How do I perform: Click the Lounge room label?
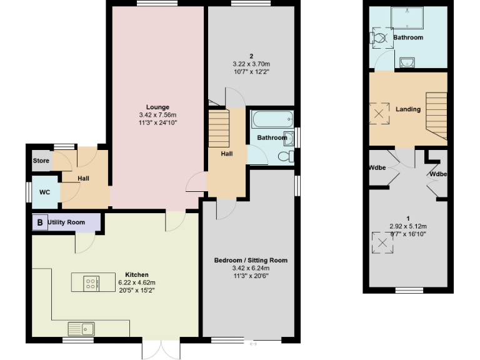coord(158,107)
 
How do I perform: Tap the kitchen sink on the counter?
coord(81,327)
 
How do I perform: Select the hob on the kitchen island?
coord(91,284)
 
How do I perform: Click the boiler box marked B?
coord(40,222)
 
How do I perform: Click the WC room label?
coord(44,192)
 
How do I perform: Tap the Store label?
coord(41,161)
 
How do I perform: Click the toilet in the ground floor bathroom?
coord(286,156)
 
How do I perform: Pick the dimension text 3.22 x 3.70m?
coord(251,64)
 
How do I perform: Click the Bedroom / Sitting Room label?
coord(251,260)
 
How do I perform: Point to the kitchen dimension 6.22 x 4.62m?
coord(136,282)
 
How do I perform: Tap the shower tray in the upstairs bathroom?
coord(407,17)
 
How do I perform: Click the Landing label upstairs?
coord(408,109)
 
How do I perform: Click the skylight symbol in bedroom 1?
coord(381,242)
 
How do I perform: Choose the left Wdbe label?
coord(377,168)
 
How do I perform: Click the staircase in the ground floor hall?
coord(219,128)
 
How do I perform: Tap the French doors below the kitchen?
coord(161,349)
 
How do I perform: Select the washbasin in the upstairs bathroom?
coord(406,62)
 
